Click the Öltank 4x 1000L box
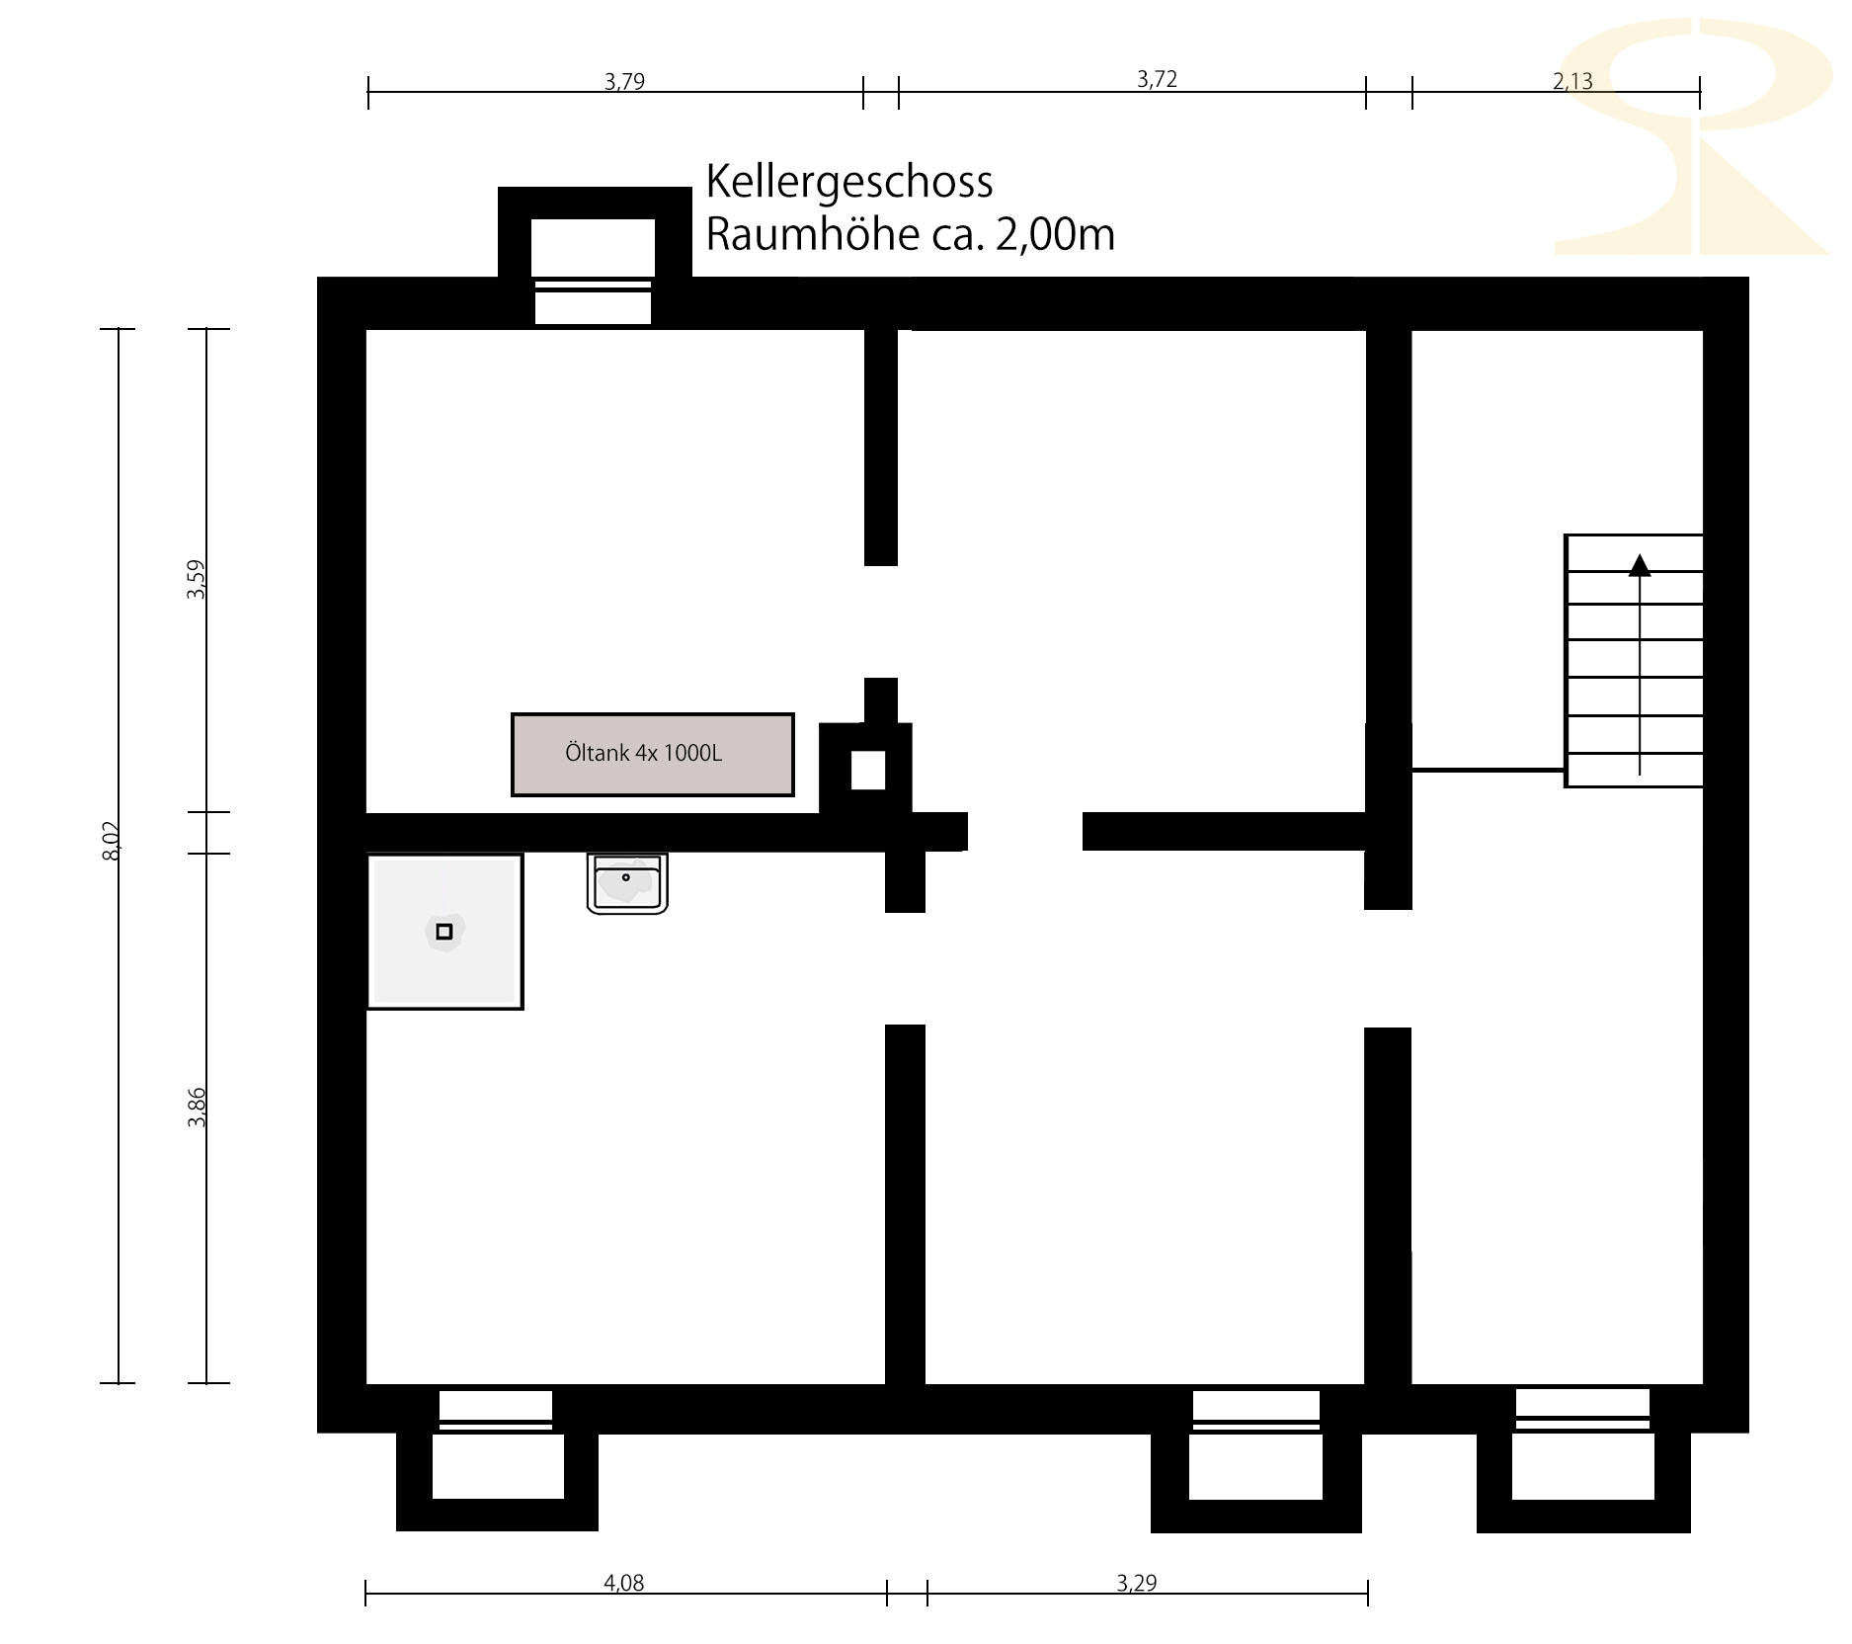tap(652, 754)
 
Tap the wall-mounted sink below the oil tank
tap(627, 883)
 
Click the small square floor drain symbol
tap(444, 932)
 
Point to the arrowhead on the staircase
tap(1640, 565)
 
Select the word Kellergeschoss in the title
tap(849, 183)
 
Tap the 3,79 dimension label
tap(624, 81)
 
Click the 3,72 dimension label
tap(1157, 79)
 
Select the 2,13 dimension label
tap(1572, 81)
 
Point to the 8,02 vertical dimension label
tap(111, 841)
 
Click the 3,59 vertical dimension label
tap(197, 579)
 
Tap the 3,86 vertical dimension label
tap(198, 1107)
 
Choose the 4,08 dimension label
tap(623, 1583)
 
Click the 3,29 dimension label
tap(1136, 1583)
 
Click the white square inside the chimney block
tap(868, 771)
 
